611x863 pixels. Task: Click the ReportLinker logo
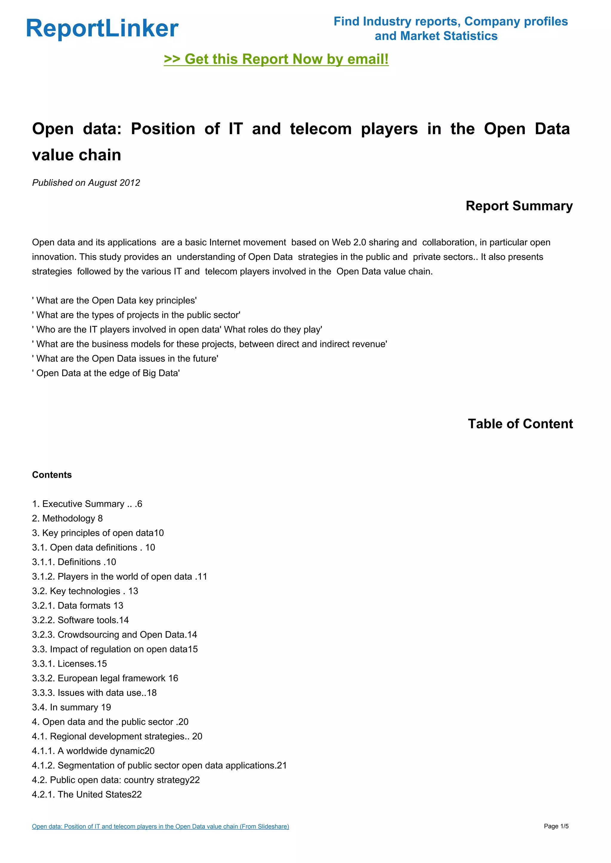point(102,29)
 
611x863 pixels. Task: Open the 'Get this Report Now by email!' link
point(276,59)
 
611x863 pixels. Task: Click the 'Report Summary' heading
point(519,206)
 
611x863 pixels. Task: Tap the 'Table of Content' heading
point(520,424)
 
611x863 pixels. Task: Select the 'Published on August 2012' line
point(86,183)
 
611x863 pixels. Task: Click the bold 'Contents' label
point(52,475)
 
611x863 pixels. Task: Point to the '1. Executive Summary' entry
point(87,504)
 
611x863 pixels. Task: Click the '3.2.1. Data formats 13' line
point(78,606)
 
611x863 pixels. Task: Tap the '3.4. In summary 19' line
point(72,707)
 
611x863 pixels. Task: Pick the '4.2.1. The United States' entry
point(87,794)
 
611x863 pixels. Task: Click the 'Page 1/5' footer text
point(556,826)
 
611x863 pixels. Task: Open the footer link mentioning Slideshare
point(160,827)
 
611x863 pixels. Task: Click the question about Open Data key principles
point(114,301)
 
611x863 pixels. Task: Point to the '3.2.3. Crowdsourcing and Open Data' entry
point(114,635)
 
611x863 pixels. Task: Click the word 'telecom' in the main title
point(320,129)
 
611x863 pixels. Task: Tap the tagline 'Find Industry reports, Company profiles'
point(450,22)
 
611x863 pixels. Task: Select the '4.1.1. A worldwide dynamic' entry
point(93,751)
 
